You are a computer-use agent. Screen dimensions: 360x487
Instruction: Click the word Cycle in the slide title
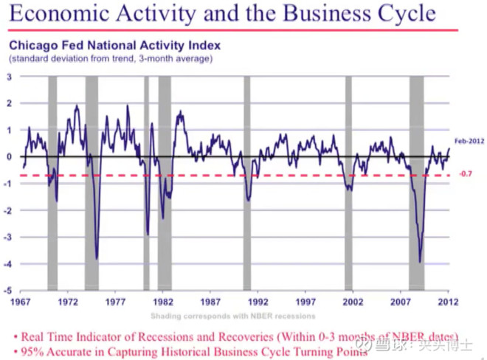click(404, 14)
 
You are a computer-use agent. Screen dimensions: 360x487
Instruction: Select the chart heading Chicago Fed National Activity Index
click(114, 45)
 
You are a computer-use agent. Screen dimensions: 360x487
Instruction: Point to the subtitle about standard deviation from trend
click(111, 58)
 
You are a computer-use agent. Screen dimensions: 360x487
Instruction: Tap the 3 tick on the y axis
click(10, 77)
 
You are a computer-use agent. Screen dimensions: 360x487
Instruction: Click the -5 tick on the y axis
click(8, 291)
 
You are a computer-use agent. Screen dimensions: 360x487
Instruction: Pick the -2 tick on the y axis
click(8, 210)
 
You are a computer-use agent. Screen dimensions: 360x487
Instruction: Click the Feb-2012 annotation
click(469, 140)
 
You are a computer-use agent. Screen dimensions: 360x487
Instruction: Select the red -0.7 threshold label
click(466, 174)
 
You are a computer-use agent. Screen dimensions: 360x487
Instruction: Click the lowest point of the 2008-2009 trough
click(420, 261)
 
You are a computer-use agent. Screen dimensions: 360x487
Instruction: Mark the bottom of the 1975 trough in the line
click(97, 258)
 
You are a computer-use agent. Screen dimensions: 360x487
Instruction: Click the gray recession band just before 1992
click(247, 184)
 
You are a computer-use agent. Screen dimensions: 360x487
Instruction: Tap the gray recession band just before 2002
click(348, 184)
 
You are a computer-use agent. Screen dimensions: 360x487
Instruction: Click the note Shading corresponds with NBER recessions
click(234, 316)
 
